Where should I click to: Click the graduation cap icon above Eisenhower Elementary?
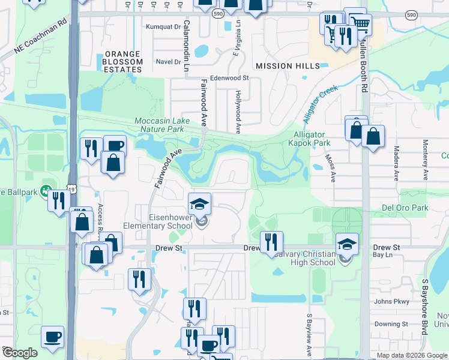(200, 203)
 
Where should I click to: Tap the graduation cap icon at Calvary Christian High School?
(347, 243)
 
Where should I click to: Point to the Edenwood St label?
(229, 78)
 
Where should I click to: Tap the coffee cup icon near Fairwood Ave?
(115, 145)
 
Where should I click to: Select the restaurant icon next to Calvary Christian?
(272, 242)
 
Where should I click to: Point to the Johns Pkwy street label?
(391, 301)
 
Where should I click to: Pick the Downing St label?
(391, 324)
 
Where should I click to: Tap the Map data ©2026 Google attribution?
(411, 355)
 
